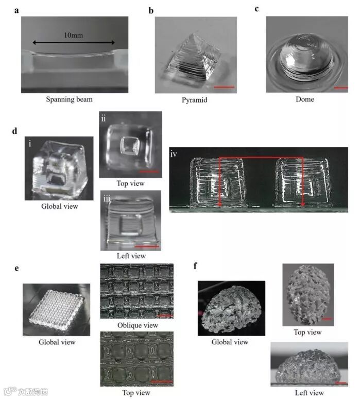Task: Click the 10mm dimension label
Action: [x=73, y=35]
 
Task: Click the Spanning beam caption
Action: [x=69, y=99]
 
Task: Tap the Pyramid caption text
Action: [x=195, y=100]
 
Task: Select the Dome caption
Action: [x=304, y=99]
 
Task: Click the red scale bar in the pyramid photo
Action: [x=224, y=87]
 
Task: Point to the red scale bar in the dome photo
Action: [x=340, y=88]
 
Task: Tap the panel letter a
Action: [x=16, y=11]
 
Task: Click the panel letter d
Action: [x=14, y=131]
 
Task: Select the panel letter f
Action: [x=195, y=266]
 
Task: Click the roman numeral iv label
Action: [x=174, y=154]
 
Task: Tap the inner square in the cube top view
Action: [x=130, y=145]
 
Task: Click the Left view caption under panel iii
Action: [x=131, y=256]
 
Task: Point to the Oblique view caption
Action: [x=138, y=325]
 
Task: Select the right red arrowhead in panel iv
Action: [x=302, y=204]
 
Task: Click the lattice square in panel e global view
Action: [x=57, y=309]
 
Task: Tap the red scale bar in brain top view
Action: [x=327, y=319]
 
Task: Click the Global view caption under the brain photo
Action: [x=230, y=342]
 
